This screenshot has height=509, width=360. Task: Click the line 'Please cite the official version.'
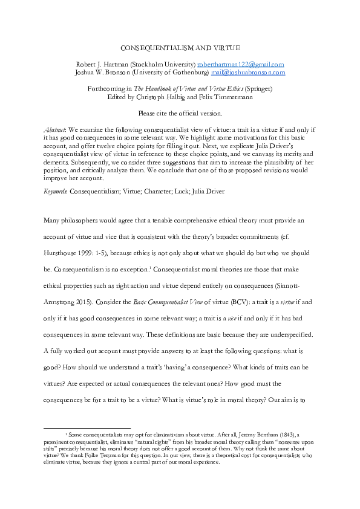click(x=180, y=112)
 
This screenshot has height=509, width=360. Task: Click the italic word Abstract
click(x=55, y=129)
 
